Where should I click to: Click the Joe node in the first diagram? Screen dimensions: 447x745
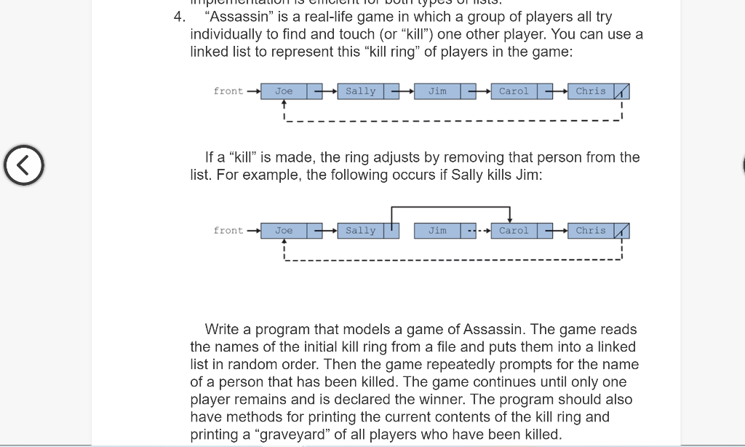[x=284, y=91]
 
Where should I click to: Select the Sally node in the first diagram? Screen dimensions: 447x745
[x=360, y=91]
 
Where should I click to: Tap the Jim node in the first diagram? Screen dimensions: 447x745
[x=437, y=91]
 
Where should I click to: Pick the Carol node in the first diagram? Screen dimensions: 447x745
[x=514, y=91]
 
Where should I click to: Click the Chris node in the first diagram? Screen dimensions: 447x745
[x=590, y=91]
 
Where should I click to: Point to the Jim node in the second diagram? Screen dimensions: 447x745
[x=437, y=231]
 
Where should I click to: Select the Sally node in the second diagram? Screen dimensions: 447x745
[x=360, y=231]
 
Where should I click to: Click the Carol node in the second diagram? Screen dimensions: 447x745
[x=514, y=231]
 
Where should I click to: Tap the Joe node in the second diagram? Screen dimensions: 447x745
[x=284, y=231]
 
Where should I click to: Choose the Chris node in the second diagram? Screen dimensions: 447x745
[x=590, y=231]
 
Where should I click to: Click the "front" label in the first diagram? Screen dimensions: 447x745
[x=228, y=91]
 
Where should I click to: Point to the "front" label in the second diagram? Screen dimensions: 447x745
[x=228, y=231]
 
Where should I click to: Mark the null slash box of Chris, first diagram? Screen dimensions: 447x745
[x=621, y=92]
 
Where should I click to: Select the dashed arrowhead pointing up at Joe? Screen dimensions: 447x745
[x=284, y=103]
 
